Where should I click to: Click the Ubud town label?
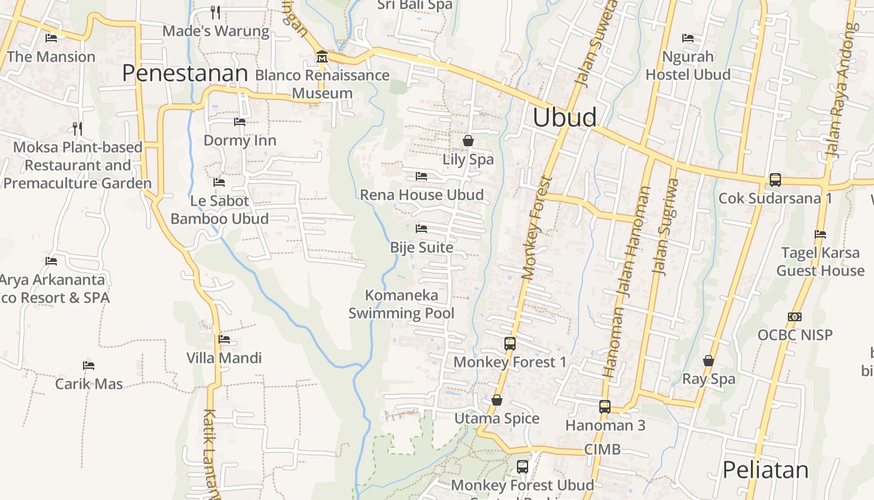coord(564,117)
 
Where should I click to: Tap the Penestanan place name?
coord(185,74)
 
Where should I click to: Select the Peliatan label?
coord(765,470)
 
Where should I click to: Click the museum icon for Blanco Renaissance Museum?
coord(322,56)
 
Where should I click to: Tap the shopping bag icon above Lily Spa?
coord(468,141)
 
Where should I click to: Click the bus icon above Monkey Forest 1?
coord(510,343)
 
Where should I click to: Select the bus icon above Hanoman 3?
coord(604,407)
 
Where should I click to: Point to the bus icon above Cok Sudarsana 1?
coord(775,180)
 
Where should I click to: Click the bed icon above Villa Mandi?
coord(224,339)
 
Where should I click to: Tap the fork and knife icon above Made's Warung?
coord(215,12)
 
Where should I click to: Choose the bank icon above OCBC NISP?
coord(795,317)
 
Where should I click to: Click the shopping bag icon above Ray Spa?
coord(709,361)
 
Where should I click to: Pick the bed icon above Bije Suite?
coord(421,229)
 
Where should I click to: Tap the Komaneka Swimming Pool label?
coord(401,304)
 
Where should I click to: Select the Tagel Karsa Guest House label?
coord(820,262)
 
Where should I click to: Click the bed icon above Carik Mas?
coord(89,365)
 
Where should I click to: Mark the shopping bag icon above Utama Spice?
coord(497,400)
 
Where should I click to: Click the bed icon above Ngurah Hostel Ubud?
coord(688,37)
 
